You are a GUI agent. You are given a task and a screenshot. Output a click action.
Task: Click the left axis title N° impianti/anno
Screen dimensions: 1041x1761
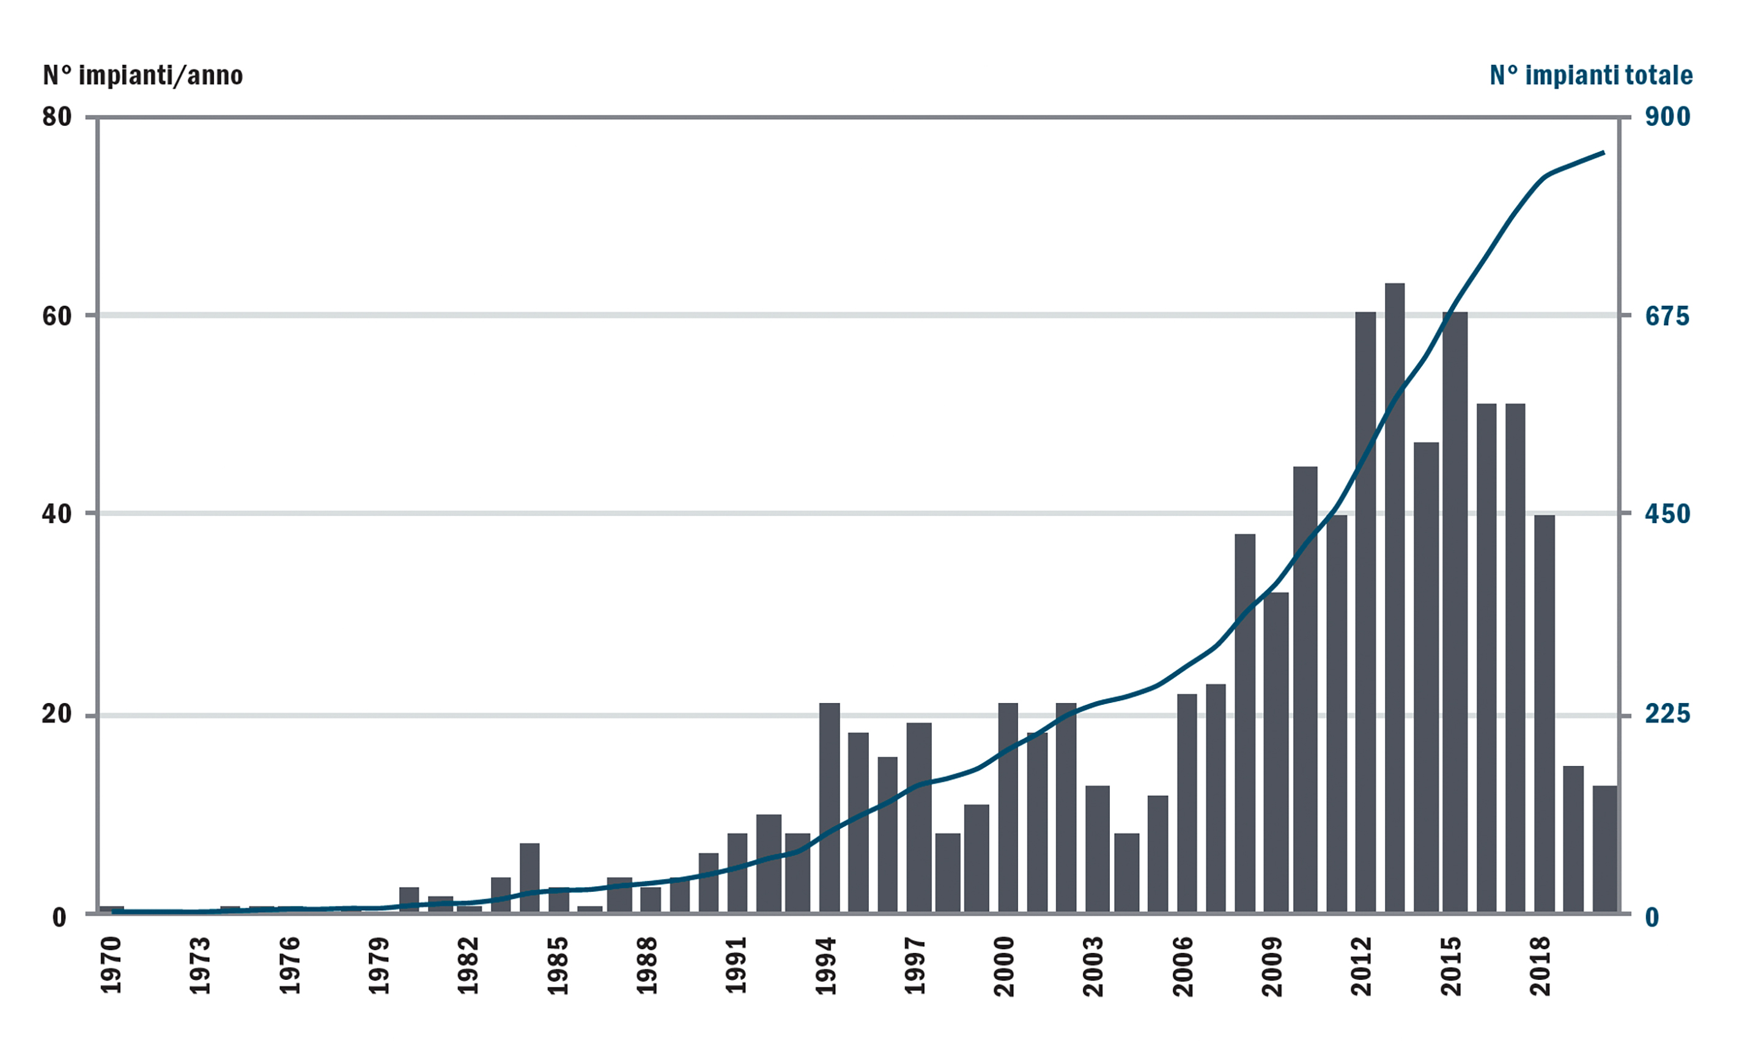[x=142, y=75]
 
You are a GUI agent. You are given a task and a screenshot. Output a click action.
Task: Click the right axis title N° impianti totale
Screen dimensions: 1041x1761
[x=1590, y=75]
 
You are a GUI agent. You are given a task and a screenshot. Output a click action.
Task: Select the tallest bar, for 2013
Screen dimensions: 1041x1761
[x=1394, y=596]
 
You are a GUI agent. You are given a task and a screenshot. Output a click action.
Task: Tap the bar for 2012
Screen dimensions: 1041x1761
[x=1365, y=610]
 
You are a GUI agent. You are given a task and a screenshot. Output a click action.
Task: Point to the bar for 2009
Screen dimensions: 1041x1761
[x=1276, y=751]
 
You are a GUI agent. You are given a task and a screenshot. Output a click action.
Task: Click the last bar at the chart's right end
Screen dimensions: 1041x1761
[x=1604, y=849]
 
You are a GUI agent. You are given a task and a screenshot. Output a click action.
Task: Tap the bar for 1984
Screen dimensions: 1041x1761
[x=529, y=877]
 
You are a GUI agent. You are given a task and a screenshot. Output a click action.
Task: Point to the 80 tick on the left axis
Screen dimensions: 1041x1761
[x=57, y=117]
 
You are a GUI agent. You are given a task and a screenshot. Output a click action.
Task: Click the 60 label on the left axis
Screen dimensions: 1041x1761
[x=57, y=317]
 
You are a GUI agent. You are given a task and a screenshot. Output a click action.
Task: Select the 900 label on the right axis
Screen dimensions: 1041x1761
[x=1667, y=117]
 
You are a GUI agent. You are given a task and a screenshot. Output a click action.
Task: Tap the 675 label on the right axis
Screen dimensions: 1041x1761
[x=1667, y=317]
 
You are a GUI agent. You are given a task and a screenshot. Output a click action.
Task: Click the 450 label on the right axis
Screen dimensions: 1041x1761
[x=1667, y=514]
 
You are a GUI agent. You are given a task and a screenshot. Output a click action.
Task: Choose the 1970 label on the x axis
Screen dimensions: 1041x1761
[x=111, y=965]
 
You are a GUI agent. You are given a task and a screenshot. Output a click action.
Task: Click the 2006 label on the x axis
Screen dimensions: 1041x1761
[x=1183, y=965]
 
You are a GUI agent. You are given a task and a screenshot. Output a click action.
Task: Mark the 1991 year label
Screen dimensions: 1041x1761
[x=736, y=965]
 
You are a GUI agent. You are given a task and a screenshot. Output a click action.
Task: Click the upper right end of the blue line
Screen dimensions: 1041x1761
[x=1603, y=152]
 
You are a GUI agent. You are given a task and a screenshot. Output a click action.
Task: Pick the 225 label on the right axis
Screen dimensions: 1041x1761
[x=1667, y=714]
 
